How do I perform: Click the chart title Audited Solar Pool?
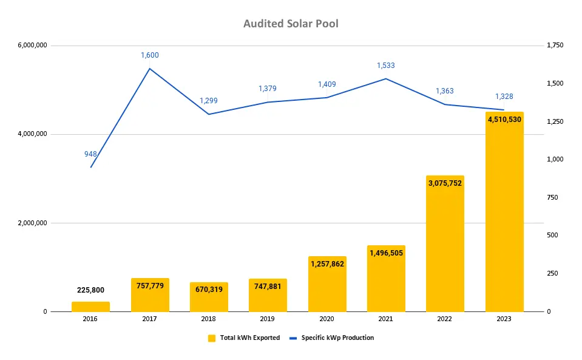291,24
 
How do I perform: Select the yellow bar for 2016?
90,307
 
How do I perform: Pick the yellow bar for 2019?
268,297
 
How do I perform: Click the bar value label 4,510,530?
504,120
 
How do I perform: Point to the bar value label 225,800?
90,290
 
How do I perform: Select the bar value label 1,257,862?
327,264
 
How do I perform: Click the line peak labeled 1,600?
150,55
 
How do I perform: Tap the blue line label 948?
90,154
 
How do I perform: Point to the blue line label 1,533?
386,66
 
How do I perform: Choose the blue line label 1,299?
209,101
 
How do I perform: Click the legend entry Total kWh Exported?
249,338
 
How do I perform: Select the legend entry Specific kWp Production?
337,338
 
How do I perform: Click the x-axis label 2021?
386,319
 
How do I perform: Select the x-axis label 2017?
150,319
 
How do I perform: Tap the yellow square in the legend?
212,338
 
